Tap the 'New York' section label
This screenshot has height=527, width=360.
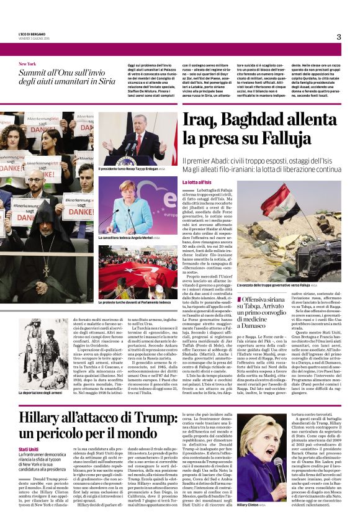point(27,63)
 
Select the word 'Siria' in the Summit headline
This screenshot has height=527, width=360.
point(103,81)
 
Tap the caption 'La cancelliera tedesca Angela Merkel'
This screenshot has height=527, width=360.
point(128,237)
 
